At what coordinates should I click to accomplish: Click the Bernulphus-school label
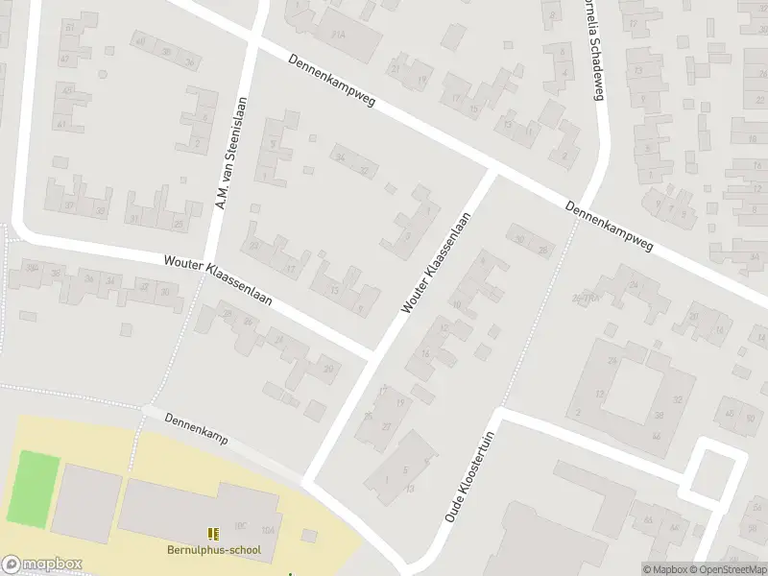(x=212, y=551)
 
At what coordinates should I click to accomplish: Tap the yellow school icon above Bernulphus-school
(x=212, y=533)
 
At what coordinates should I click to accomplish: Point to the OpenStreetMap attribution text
(x=727, y=569)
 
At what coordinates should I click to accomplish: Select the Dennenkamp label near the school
(x=194, y=428)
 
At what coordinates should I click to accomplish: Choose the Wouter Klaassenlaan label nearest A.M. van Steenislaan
(x=218, y=279)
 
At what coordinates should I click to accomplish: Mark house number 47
(x=64, y=60)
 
